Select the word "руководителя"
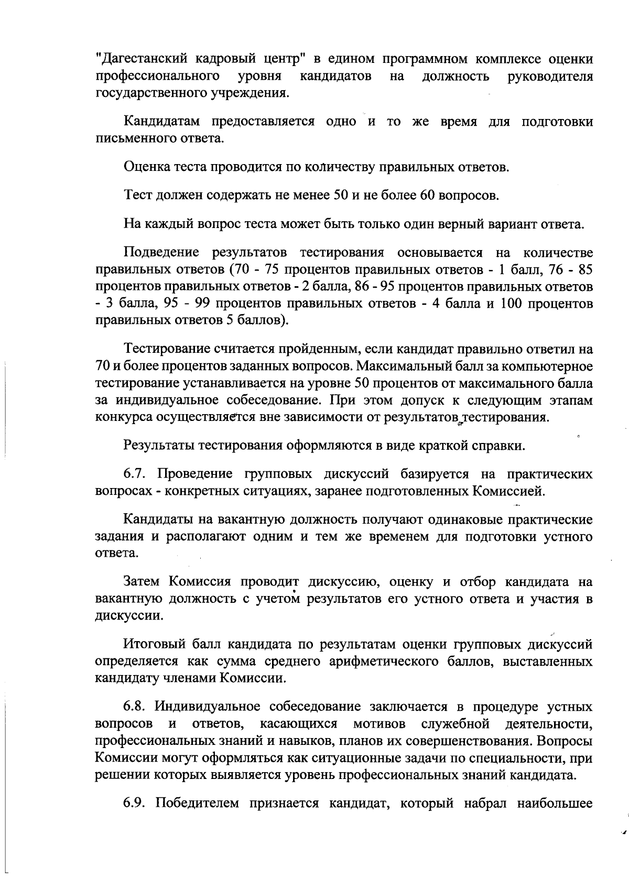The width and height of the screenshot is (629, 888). tap(550, 77)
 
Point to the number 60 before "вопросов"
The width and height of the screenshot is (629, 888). tap(426, 196)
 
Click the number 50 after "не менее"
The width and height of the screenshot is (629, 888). tap(341, 196)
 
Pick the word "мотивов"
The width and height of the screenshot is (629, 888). tap(379, 724)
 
